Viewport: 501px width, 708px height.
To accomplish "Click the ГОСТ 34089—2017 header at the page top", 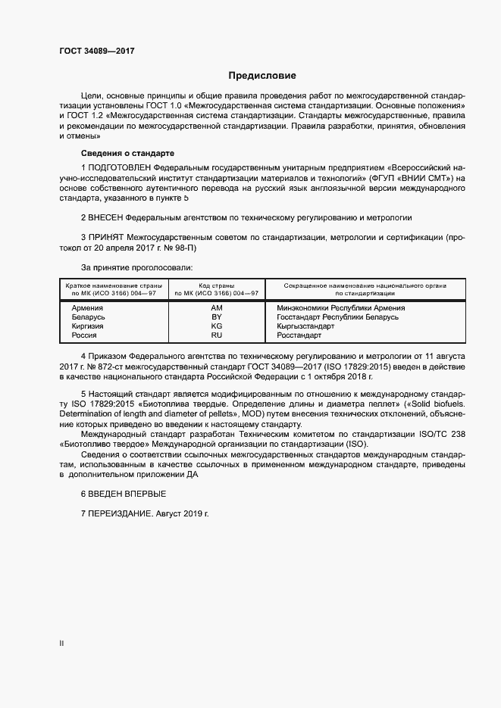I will [98, 51].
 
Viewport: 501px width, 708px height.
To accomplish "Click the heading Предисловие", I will [262, 76].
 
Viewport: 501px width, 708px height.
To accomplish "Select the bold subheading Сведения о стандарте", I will [116, 153].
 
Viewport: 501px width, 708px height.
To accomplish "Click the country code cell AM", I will [216, 308].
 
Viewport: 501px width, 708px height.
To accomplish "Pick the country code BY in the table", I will [216, 317].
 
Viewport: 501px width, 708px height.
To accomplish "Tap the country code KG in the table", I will [216, 326].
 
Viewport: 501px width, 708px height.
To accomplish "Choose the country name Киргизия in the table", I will [87, 326].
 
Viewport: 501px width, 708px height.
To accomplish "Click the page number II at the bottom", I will [61, 644].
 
